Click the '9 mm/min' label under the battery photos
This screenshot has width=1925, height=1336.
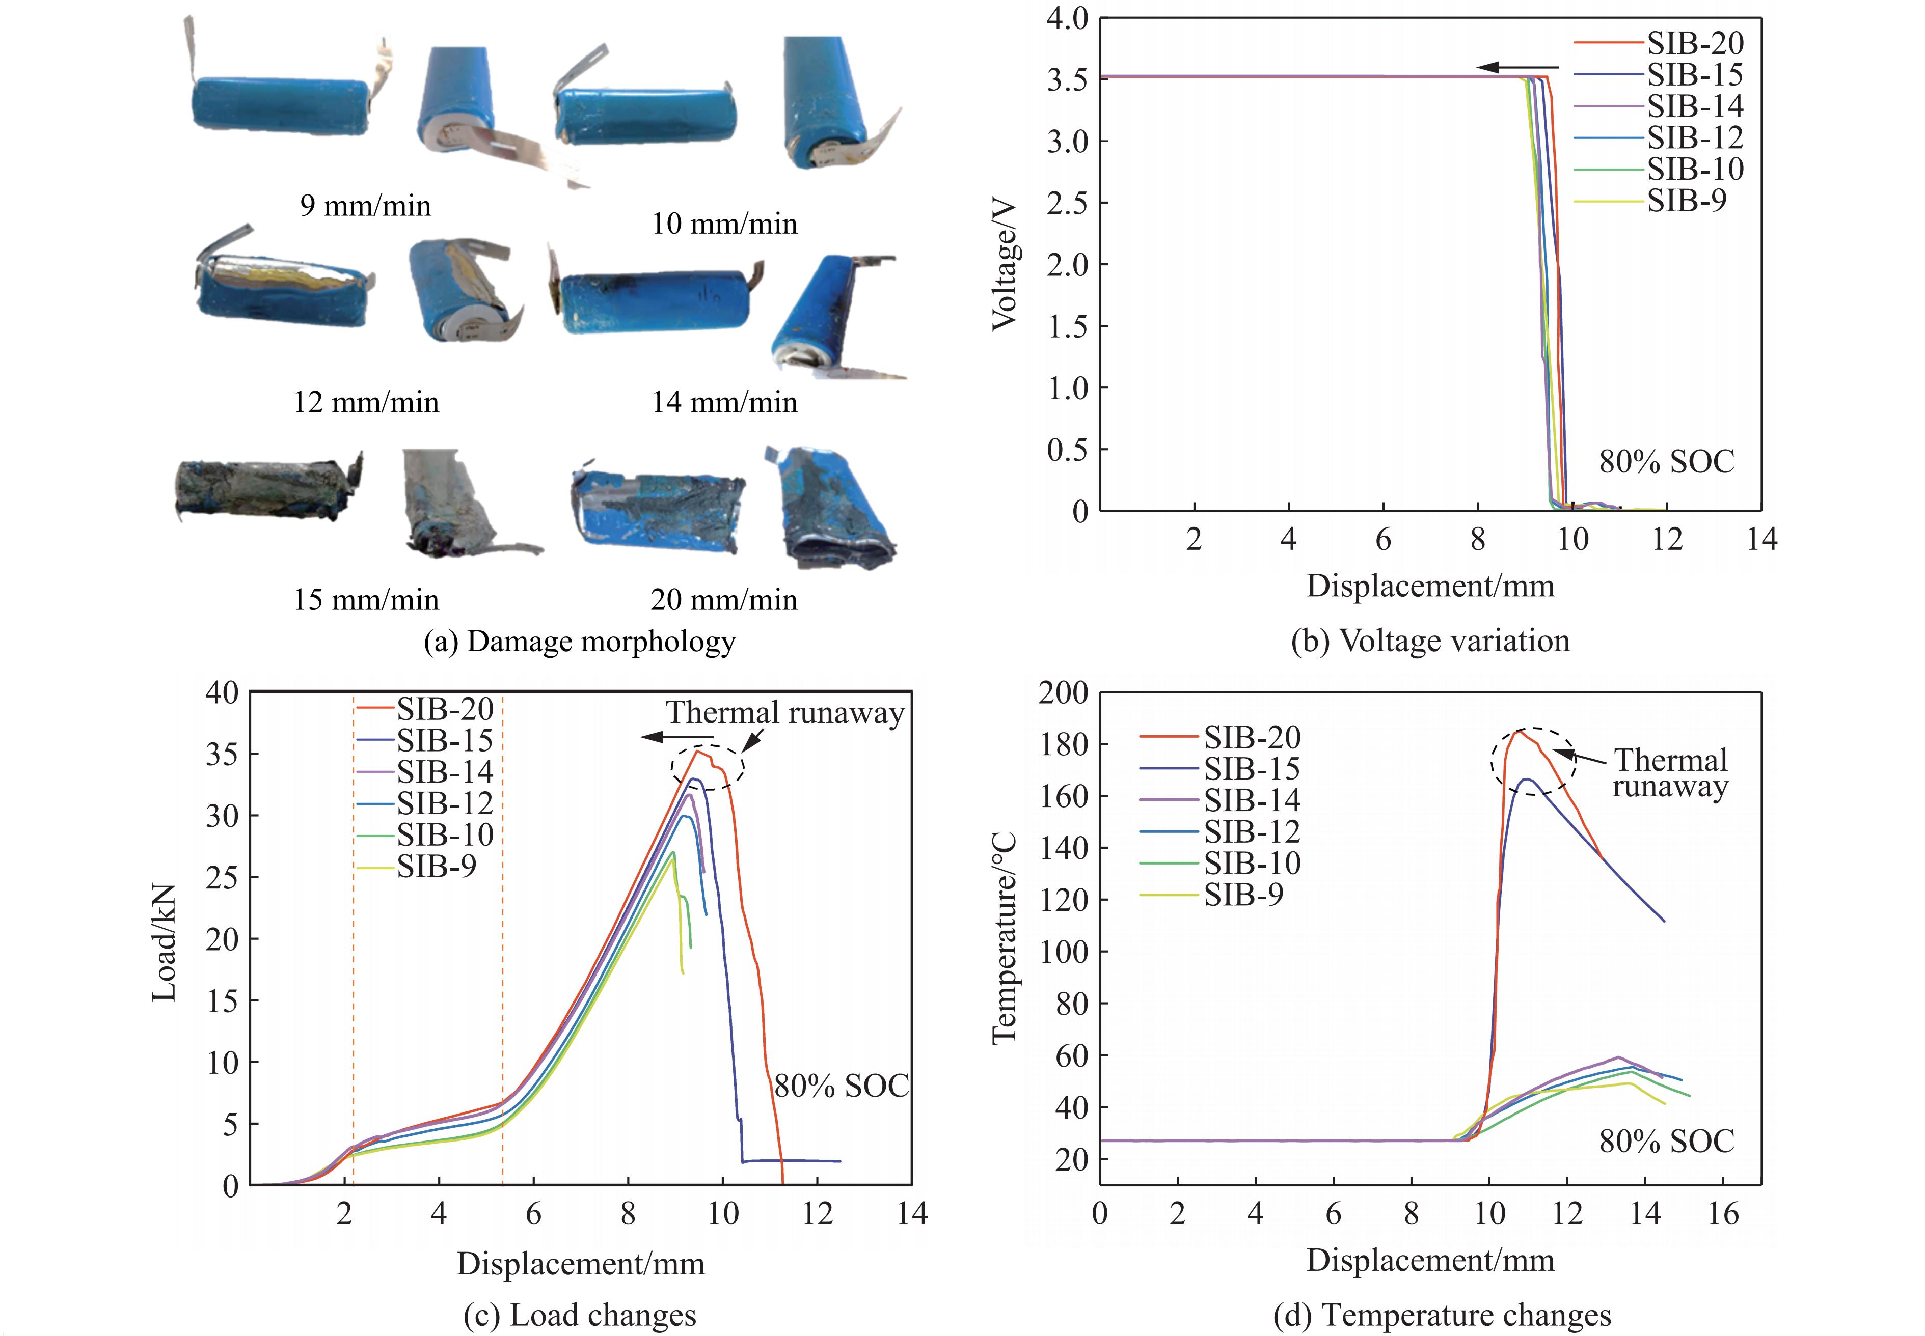365,206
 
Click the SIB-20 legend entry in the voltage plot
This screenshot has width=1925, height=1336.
1695,43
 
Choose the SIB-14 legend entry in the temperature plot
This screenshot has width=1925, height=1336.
1252,800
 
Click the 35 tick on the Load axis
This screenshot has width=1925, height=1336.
222,754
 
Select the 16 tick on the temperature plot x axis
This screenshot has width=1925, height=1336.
1722,1214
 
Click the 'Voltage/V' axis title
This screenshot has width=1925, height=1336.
1004,265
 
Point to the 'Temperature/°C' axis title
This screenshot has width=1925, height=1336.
1004,937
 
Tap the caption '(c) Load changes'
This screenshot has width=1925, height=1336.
579,1315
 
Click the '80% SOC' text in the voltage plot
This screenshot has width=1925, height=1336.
1666,461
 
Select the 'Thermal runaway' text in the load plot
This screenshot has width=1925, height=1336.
784,712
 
